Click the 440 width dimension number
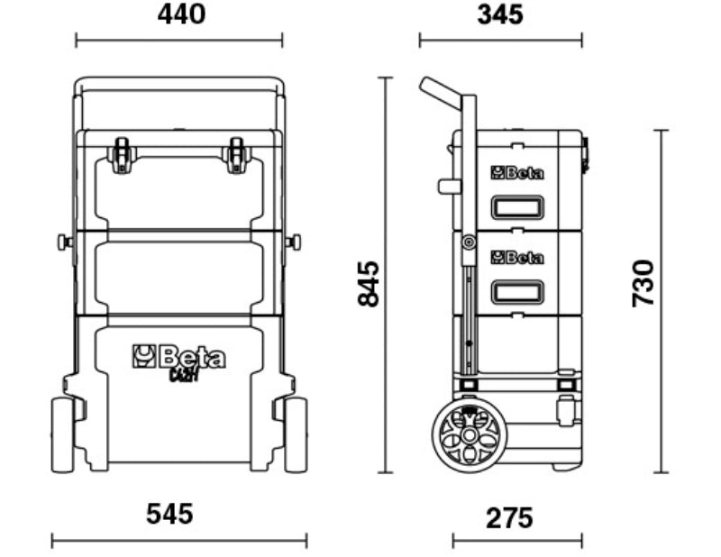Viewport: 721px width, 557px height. coord(181,14)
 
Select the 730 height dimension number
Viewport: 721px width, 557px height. coord(643,283)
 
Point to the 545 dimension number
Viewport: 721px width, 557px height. coord(169,515)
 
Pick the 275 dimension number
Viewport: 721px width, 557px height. coord(509,518)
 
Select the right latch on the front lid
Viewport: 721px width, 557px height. coord(237,154)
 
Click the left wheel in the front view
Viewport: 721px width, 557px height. coord(62,434)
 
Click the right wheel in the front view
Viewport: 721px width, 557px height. coord(296,434)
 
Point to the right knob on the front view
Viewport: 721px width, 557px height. coord(294,242)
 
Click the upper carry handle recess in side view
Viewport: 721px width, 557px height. coord(516,207)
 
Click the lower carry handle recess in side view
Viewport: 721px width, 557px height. coord(516,293)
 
